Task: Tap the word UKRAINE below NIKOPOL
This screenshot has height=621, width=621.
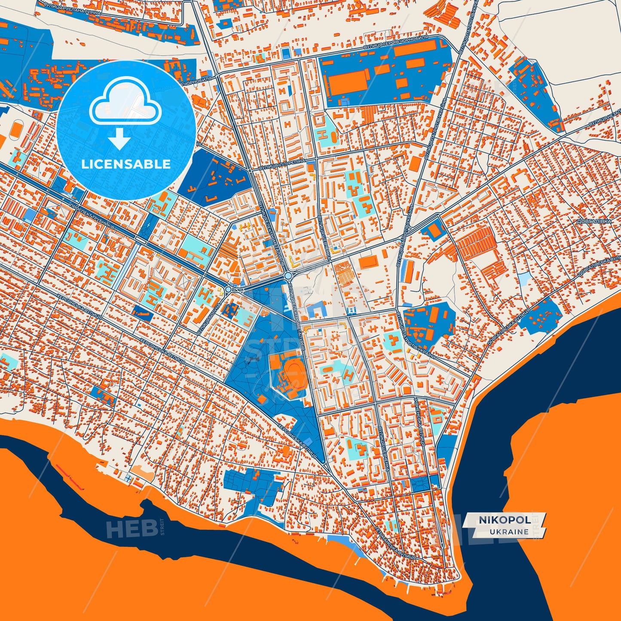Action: click(509, 532)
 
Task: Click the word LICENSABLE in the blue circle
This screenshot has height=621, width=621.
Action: click(126, 164)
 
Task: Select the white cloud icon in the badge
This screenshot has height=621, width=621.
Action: click(125, 101)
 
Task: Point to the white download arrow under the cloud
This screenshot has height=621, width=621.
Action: click(119, 139)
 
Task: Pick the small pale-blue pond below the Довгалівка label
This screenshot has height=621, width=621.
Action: click(524, 279)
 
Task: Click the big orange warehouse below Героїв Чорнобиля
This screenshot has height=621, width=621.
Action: click(349, 83)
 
